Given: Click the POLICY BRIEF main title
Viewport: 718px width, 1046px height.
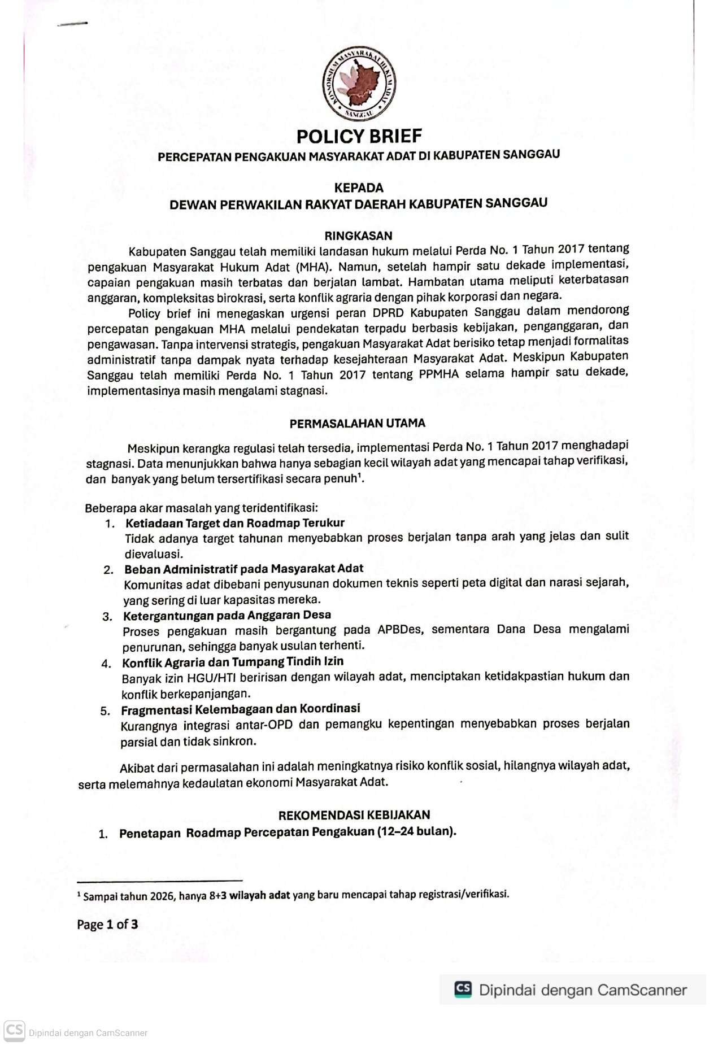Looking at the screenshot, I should point(359,136).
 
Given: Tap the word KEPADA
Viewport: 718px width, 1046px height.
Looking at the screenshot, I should point(359,188).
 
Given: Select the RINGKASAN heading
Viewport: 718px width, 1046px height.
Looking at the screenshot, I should point(358,236).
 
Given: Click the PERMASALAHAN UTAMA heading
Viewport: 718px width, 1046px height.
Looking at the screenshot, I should point(357,423).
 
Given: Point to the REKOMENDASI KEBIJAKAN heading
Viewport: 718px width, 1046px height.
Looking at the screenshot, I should point(354,814).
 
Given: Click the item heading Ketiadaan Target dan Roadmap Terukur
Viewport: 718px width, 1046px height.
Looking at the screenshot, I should point(234,523).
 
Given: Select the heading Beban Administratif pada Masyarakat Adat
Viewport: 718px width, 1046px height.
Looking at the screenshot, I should point(243,569).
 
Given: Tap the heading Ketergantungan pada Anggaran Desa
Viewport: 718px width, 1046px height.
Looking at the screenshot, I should point(227,615).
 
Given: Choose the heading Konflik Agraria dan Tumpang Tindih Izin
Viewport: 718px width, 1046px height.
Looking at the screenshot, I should point(233,661).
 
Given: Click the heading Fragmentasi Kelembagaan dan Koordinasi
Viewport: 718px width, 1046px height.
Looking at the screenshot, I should point(240,709).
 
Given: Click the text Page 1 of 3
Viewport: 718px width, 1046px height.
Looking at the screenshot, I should point(107,925).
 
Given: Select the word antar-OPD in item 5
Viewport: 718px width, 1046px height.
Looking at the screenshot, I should point(264,725).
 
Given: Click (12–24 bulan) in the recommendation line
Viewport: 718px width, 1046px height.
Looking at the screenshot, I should point(417,832).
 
